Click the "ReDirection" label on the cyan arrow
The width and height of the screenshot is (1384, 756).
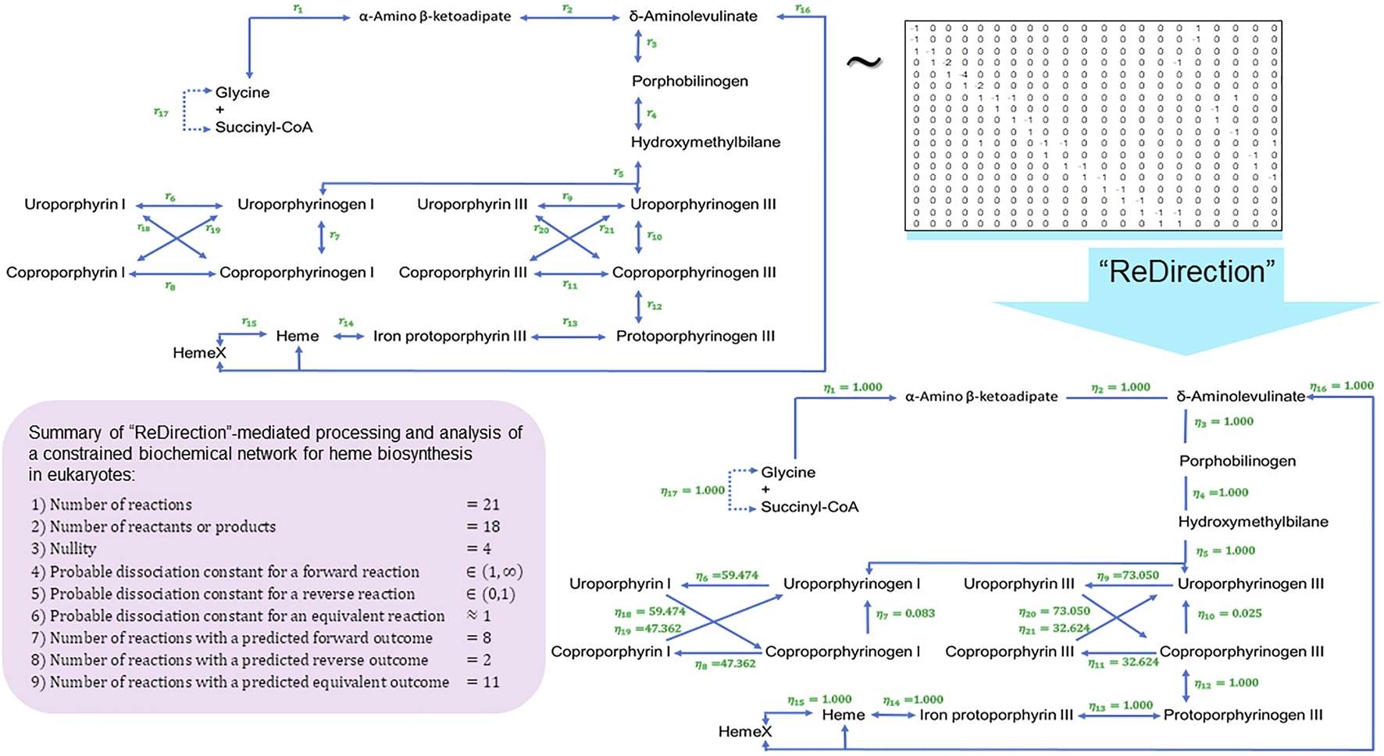click(x=1186, y=272)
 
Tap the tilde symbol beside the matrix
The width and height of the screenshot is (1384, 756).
click(x=864, y=62)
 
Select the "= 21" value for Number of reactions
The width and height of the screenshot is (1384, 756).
click(x=483, y=505)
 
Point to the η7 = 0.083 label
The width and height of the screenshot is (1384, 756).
click(x=905, y=614)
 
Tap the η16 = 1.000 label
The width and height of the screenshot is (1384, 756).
click(x=1341, y=387)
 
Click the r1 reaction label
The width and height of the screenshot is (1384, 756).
click(x=298, y=9)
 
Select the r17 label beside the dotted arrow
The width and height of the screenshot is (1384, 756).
click(x=161, y=112)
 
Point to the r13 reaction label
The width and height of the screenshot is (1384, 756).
click(x=570, y=323)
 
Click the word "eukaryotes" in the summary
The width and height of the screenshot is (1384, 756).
click(x=93, y=475)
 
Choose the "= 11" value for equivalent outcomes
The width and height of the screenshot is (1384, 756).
click(x=483, y=682)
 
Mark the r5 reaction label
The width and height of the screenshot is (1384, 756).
click(x=619, y=173)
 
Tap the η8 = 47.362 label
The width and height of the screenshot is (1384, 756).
click(x=725, y=664)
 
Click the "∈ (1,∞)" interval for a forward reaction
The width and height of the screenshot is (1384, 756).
click(x=494, y=572)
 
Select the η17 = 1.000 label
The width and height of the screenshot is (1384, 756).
click(x=693, y=490)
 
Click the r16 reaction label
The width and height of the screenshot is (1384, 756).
click(x=802, y=9)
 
